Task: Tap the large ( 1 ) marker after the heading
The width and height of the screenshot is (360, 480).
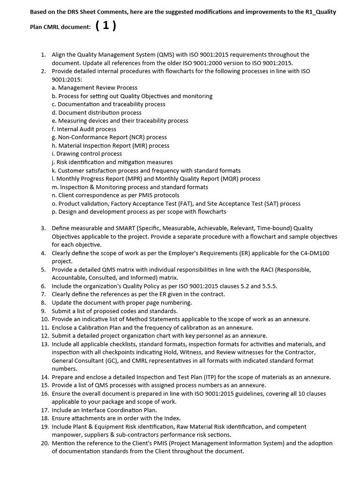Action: pyautogui.click(x=105, y=26)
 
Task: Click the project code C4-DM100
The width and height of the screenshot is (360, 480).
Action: pyautogui.click(x=311, y=253)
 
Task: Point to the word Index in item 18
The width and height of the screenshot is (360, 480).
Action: pyautogui.click(x=172, y=418)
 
